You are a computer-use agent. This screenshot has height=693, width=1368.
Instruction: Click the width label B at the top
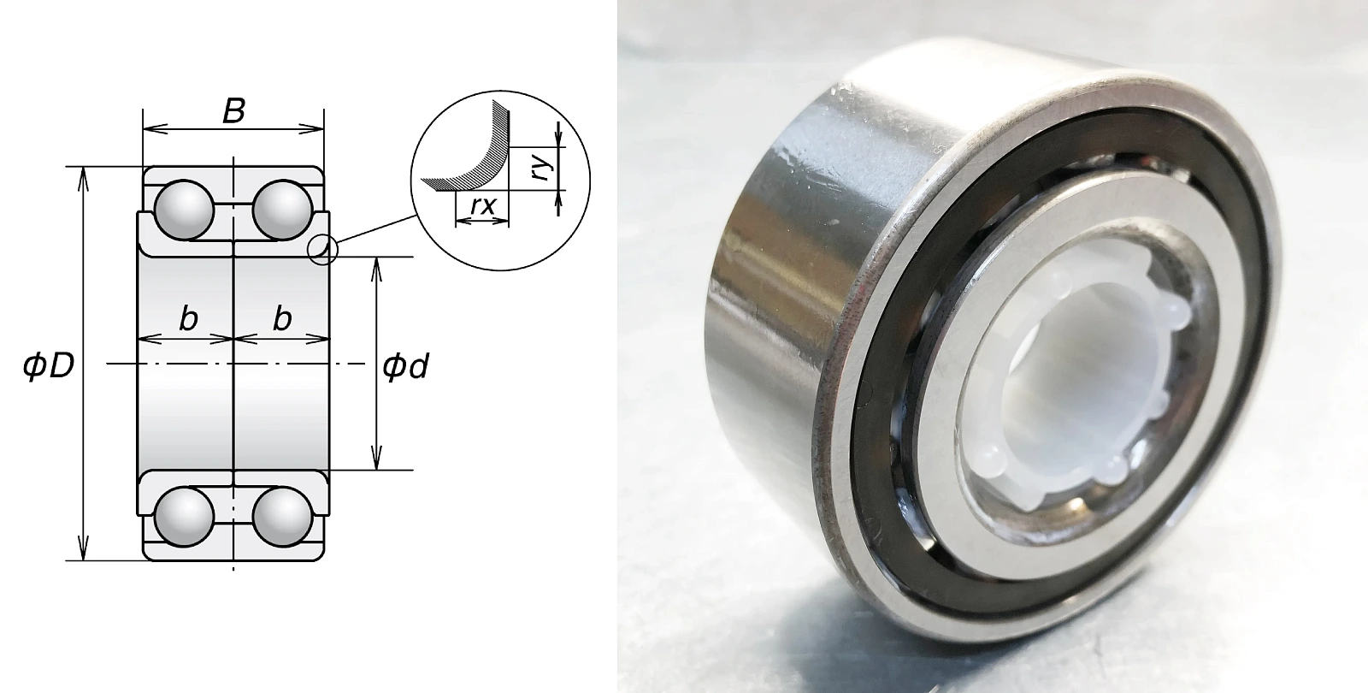(234, 111)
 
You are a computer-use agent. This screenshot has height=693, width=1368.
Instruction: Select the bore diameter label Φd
(405, 366)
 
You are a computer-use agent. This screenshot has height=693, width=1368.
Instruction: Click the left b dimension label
(188, 318)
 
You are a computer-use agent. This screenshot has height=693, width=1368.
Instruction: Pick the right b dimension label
(282, 318)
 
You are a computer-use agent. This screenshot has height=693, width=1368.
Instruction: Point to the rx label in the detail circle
(482, 206)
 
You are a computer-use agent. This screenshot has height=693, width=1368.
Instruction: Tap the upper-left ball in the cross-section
(184, 210)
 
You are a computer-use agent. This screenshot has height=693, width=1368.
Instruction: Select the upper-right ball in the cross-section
(283, 210)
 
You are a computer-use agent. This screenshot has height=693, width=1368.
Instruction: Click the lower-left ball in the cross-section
(184, 517)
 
